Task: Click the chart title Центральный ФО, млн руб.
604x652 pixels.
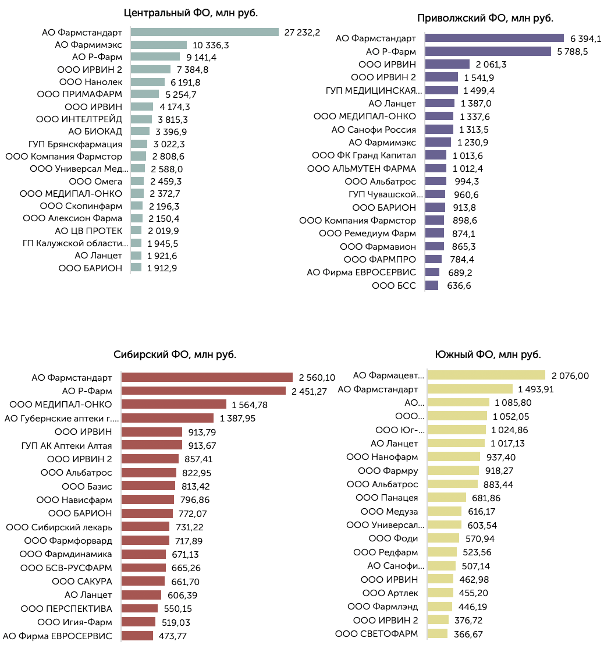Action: point(191,13)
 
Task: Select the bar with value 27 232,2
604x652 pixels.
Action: point(204,32)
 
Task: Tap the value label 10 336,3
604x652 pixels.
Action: point(211,45)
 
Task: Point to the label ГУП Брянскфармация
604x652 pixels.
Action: point(75,144)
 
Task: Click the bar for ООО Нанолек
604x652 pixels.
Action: point(148,82)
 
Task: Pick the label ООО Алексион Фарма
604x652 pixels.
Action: point(72,218)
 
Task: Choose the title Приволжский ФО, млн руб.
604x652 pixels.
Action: point(485,18)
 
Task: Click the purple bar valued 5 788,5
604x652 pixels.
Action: point(488,51)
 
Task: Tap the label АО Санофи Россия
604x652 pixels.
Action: point(374,130)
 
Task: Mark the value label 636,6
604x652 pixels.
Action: point(459,286)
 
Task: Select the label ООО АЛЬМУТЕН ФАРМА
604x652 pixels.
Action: point(362,169)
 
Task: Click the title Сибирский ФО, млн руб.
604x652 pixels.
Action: point(175,355)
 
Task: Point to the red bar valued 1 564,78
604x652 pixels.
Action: point(174,404)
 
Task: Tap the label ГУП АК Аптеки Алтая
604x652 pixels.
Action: point(66,446)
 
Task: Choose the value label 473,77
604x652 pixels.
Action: point(172,636)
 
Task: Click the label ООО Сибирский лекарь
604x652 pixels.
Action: point(59,527)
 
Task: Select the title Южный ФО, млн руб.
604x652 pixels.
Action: point(488,355)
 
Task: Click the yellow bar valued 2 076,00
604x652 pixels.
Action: point(486,375)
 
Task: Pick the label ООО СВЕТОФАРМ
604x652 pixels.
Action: point(376,634)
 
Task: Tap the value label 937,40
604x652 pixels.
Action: point(501,458)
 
